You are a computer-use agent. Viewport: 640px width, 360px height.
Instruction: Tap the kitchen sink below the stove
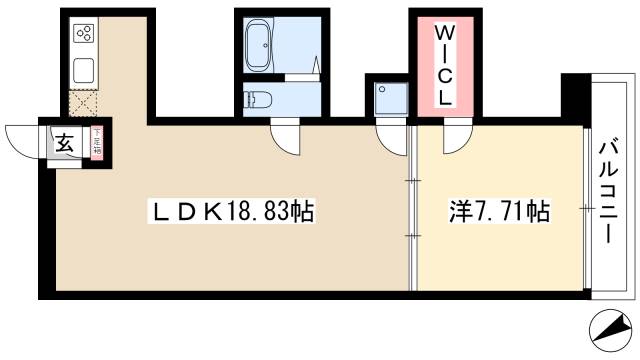[x=83, y=71]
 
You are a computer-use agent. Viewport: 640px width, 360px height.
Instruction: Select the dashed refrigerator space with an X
[x=82, y=104]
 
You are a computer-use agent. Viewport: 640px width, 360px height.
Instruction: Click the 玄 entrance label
[x=64, y=143]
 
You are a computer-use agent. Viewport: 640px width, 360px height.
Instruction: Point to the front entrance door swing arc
[x=22, y=137]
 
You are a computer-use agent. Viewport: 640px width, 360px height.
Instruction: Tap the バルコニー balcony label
[x=606, y=191]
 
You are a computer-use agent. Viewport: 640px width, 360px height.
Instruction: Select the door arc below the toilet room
[x=284, y=137]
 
